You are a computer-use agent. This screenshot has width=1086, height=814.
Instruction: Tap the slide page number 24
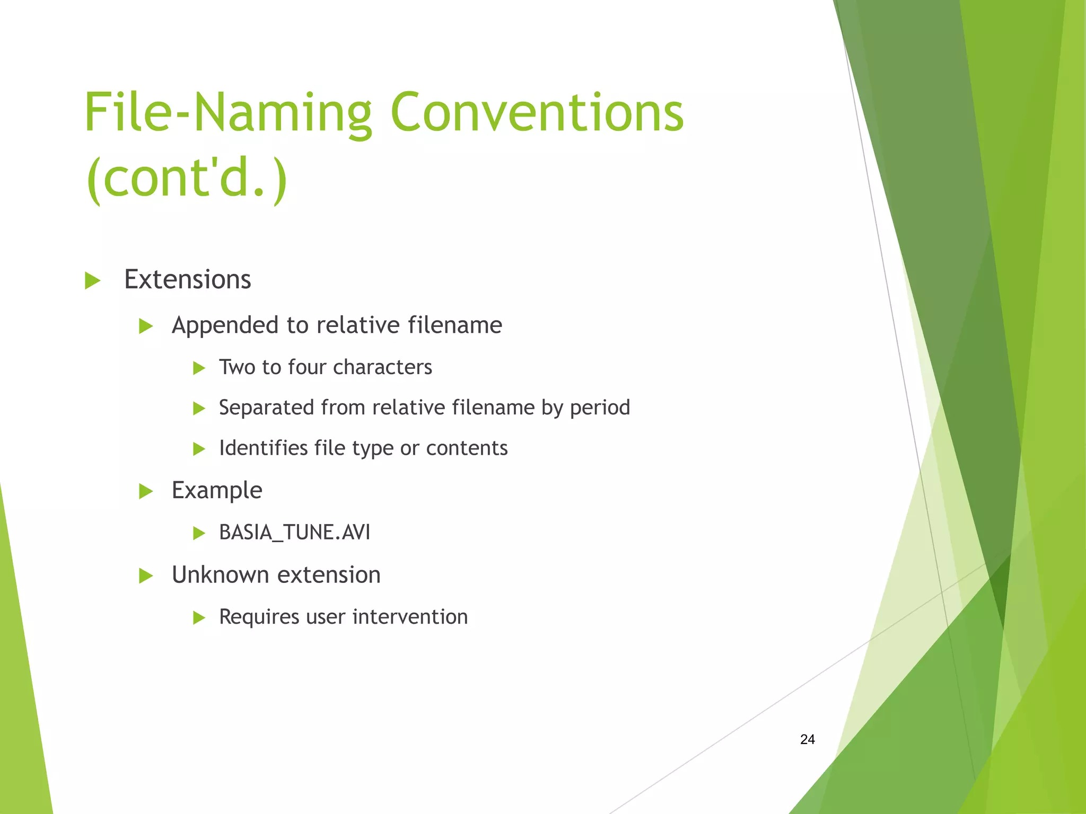807,739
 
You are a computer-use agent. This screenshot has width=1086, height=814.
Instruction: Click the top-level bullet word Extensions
187,279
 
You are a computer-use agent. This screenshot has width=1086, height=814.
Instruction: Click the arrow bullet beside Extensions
92,280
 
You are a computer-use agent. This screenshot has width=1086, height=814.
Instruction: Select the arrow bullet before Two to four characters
199,368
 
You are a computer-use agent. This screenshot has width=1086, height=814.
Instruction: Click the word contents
467,448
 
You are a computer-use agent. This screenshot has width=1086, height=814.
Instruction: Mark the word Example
217,491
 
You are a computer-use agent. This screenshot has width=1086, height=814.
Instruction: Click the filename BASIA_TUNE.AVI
294,532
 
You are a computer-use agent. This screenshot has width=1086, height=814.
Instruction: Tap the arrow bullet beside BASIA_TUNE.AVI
199,533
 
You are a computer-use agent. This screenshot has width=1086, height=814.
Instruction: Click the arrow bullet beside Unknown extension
145,576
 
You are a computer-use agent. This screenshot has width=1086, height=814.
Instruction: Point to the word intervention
410,617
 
